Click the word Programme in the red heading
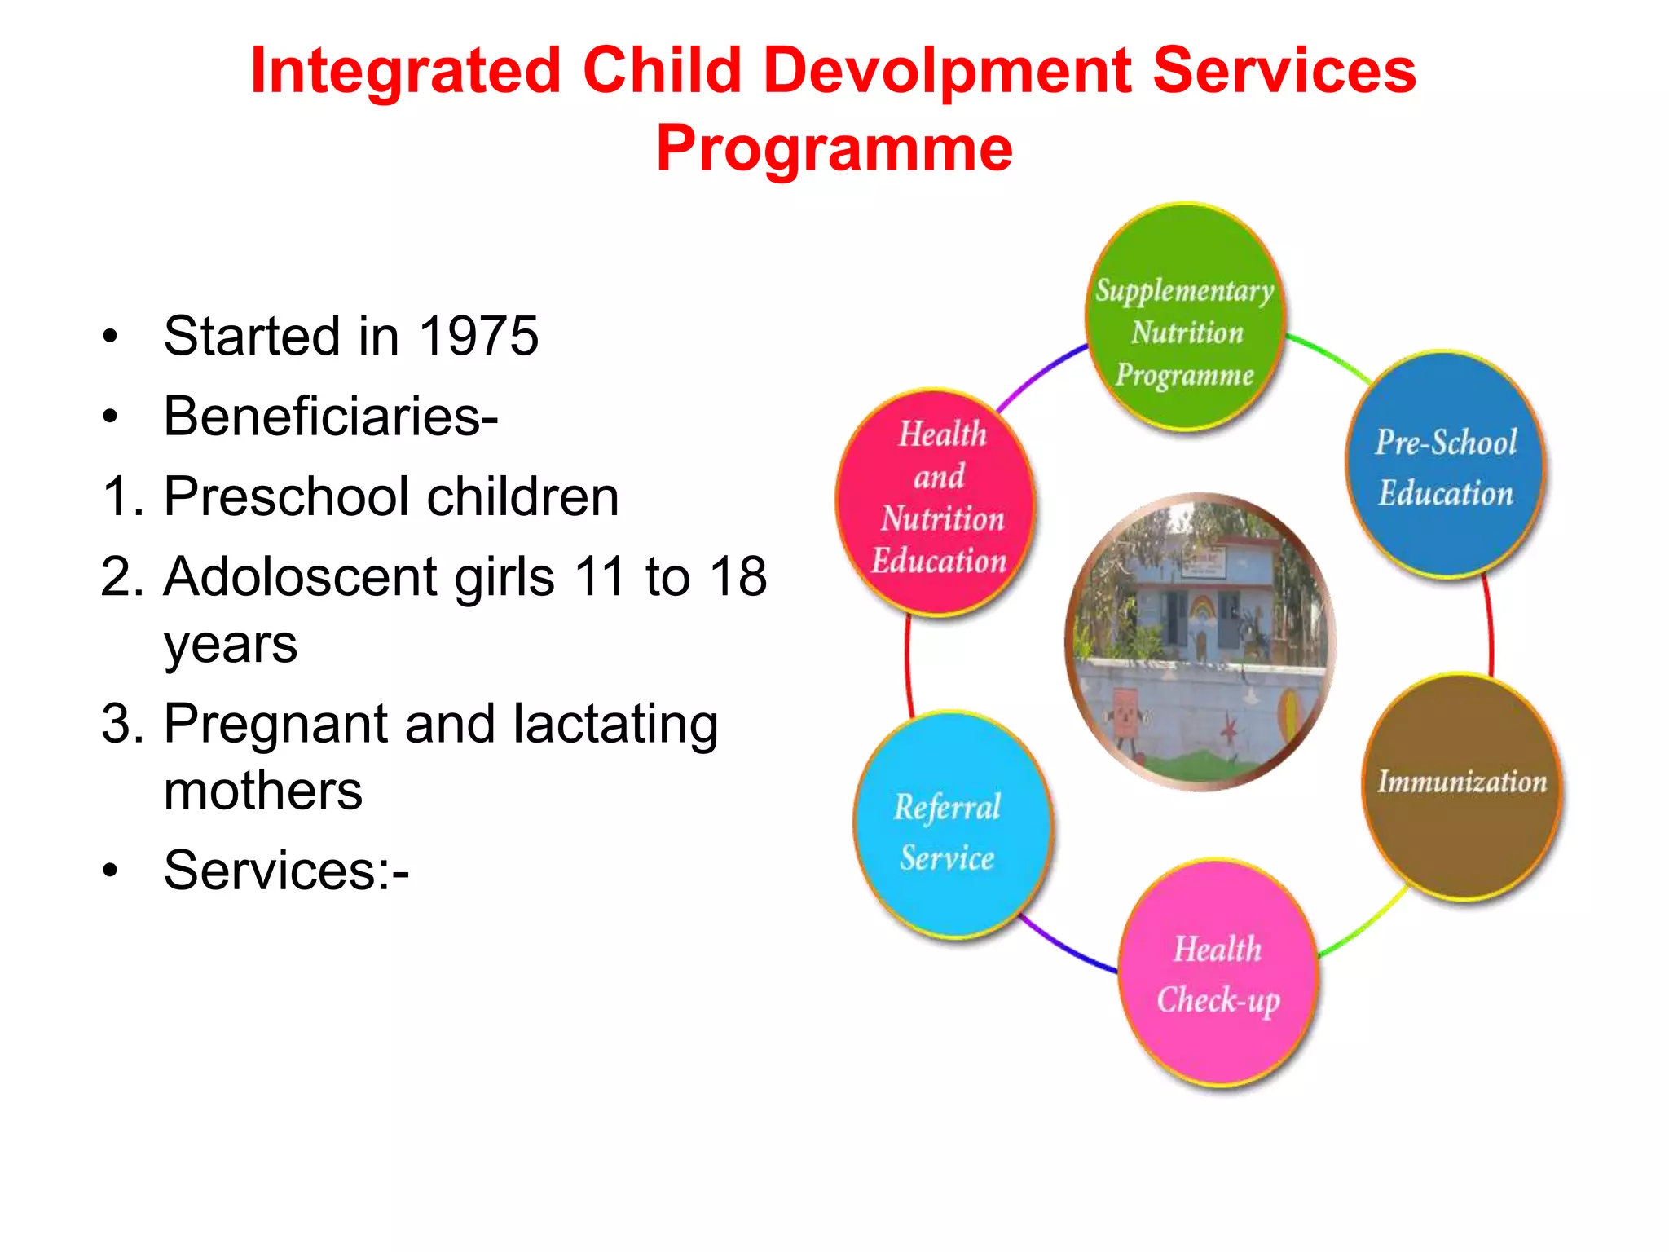coord(834,148)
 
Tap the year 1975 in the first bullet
coord(478,336)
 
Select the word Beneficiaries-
coord(331,417)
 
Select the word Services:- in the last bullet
coord(286,870)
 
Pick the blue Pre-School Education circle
coord(1445,465)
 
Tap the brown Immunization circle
coord(1461,787)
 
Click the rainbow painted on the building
coord(1204,608)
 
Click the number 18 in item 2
coord(738,576)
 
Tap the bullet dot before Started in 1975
coord(110,337)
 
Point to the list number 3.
coord(116,724)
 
